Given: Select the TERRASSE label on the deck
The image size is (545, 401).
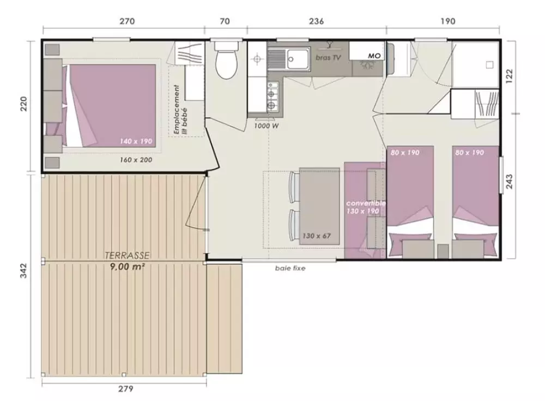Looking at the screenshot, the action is [127, 255].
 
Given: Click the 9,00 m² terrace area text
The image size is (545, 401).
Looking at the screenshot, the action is [127, 267].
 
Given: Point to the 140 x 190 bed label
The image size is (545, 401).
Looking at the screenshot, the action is [136, 141].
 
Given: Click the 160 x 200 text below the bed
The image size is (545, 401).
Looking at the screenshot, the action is [136, 160].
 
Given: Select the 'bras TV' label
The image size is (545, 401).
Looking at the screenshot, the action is [328, 58].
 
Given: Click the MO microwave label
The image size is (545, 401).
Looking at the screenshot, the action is [374, 56].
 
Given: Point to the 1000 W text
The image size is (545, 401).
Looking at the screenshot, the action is [267, 126].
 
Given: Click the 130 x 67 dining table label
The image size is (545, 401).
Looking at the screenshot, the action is [316, 236].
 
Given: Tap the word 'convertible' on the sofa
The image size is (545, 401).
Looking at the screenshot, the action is [366, 203].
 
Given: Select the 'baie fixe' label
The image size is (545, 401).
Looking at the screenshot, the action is [290, 268].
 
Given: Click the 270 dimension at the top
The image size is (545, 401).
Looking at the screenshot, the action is [127, 21].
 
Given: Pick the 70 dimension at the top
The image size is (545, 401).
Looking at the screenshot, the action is [225, 21].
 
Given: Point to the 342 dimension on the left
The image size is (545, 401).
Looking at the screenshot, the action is [23, 271].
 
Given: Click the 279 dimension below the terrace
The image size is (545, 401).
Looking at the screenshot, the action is [125, 388].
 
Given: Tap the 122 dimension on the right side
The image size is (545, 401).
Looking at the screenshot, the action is [509, 76].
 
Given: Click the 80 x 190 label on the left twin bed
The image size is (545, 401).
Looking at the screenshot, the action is [405, 152].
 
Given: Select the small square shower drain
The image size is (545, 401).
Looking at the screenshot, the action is [489, 65].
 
